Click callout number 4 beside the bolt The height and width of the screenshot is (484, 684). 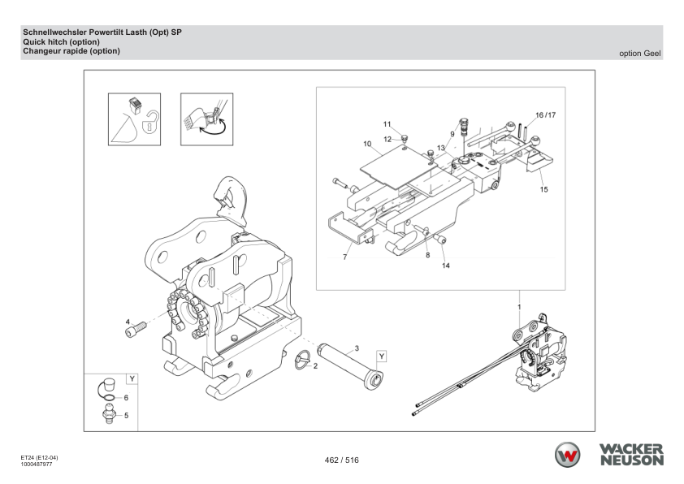[128, 322]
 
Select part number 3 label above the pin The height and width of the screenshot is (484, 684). [356, 348]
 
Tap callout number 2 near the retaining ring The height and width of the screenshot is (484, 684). [315, 367]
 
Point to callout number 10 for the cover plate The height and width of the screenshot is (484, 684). [367, 144]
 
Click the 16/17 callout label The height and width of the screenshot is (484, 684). [545, 115]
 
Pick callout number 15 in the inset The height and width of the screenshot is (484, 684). [543, 190]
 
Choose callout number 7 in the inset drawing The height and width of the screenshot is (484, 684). [344, 257]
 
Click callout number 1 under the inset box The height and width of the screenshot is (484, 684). [519, 307]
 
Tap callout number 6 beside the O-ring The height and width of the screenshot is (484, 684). [126, 398]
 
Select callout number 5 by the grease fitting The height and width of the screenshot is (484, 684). [126, 415]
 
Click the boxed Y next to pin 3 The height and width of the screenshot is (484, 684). [382, 356]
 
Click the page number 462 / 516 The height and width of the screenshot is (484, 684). [342, 460]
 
